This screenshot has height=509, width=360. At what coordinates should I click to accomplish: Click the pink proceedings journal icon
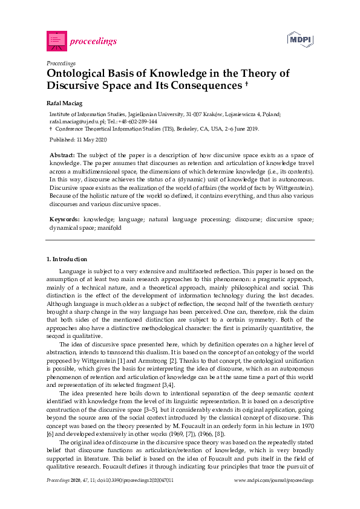tap(56, 41)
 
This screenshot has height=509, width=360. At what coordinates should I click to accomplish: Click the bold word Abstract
tap(62, 155)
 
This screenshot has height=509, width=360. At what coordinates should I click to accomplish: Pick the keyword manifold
tap(110, 228)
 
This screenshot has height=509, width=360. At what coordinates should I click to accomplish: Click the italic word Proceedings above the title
tap(61, 62)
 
